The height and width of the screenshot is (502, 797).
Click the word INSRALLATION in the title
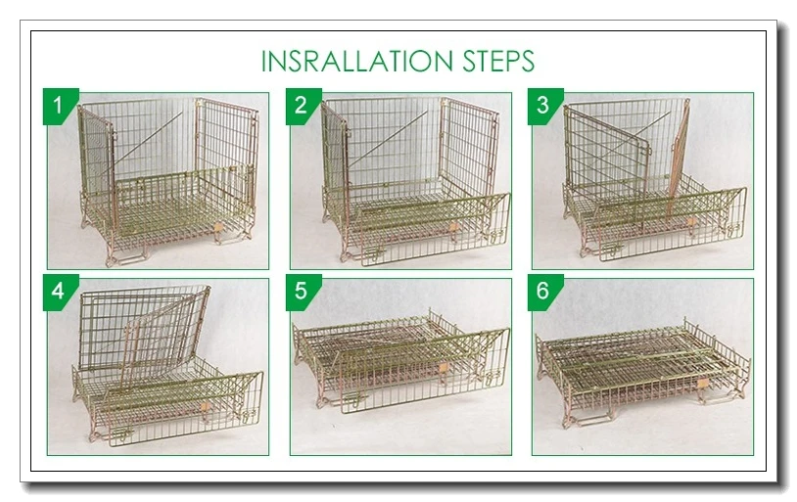(x=358, y=61)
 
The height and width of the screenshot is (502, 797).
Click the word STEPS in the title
(x=498, y=61)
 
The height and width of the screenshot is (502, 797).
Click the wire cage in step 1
(x=166, y=186)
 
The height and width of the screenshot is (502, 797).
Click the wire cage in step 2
(x=411, y=186)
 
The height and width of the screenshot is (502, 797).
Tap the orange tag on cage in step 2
(x=453, y=227)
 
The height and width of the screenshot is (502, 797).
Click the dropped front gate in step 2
(x=431, y=220)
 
